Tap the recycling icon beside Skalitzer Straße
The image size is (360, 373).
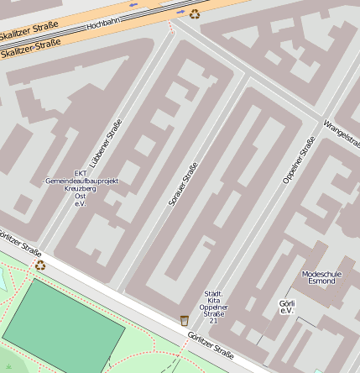click(195, 13)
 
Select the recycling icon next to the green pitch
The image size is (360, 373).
click(40, 265)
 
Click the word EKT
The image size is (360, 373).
click(81, 174)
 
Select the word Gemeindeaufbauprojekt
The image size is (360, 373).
click(81, 181)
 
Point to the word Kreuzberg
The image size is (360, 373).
click(81, 189)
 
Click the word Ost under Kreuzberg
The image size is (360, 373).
click(81, 197)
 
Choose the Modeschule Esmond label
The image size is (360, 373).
click(318, 277)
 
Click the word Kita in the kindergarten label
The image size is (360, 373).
click(213, 301)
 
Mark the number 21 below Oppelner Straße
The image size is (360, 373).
click(213, 321)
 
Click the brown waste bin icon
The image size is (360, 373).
click(184, 320)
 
